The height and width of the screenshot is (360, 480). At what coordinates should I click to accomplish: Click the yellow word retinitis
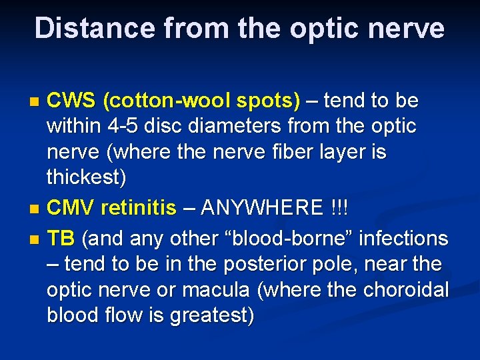139,209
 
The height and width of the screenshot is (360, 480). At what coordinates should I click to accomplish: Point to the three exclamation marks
344,209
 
